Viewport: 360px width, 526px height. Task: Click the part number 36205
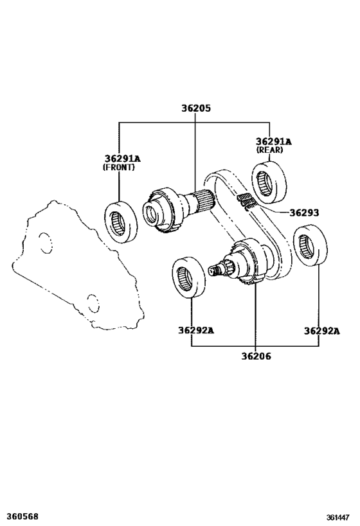[196, 109]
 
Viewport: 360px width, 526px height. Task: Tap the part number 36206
[256, 356]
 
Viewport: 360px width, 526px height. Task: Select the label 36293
[304, 213]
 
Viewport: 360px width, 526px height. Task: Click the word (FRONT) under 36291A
[118, 167]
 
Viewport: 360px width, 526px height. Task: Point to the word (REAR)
[269, 150]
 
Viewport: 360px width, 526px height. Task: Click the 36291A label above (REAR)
[274, 141]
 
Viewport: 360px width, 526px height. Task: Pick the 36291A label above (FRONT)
[123, 159]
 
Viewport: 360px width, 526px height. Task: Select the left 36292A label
[196, 330]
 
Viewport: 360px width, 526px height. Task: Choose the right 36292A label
[321, 331]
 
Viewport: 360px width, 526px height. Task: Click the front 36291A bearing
[121, 222]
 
